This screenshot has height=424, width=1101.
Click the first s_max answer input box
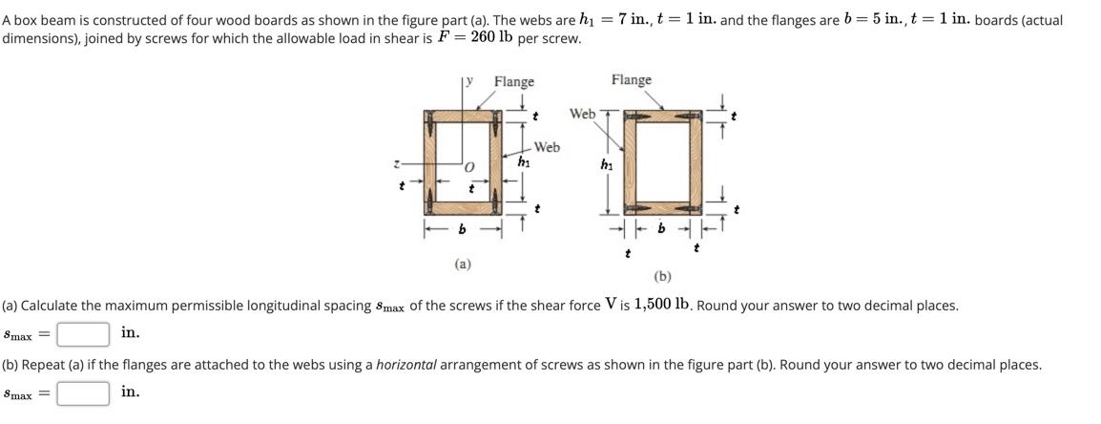tap(82, 334)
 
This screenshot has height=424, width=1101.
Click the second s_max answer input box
tap(82, 393)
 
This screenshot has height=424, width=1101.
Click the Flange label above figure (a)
tap(513, 82)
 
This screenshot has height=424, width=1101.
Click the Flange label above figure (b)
tap(632, 80)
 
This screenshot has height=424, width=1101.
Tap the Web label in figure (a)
tap(547, 147)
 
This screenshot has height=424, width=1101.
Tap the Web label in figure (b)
tap(582, 114)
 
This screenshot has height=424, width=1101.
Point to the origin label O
tap(469, 168)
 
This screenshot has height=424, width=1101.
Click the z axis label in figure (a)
tap(400, 166)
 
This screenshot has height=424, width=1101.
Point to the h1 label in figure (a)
tap(523, 162)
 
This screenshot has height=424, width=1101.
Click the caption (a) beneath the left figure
tap(462, 264)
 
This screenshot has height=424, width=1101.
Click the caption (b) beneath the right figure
tap(663, 277)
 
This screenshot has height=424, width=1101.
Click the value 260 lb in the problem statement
tap(489, 37)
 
